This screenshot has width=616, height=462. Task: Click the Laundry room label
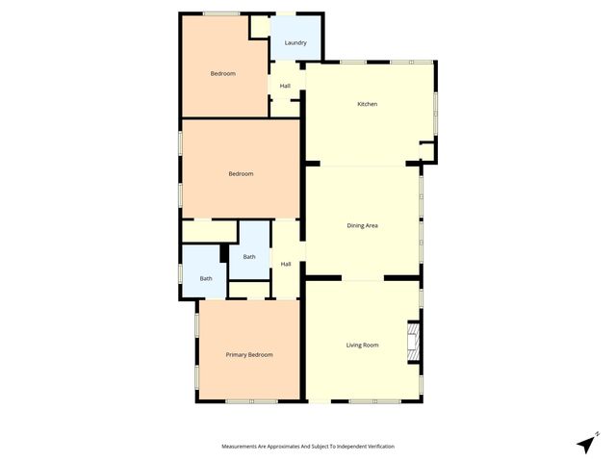pos(295,43)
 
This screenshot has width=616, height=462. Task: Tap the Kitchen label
pos(366,104)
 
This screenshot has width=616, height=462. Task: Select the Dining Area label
pos(362,225)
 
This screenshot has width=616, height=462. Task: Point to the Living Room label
pos(362,345)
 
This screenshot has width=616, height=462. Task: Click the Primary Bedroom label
pos(249,355)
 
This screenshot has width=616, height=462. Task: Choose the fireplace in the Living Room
pos(412,342)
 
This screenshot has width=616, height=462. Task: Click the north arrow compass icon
pos(585,444)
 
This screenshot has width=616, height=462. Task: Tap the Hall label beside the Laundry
pos(285,87)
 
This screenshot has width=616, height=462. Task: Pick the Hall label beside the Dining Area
pos(286,264)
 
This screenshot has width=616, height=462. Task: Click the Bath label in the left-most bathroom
pos(206,279)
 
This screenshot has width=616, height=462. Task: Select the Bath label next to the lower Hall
pos(249,257)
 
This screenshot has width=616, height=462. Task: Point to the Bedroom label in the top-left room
pos(223,74)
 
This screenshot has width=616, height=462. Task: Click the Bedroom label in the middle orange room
pos(241,174)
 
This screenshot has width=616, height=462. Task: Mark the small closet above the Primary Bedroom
pos(249,290)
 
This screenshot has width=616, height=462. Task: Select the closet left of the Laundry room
pos(259,26)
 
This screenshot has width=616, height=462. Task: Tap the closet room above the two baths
pos(209,231)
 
